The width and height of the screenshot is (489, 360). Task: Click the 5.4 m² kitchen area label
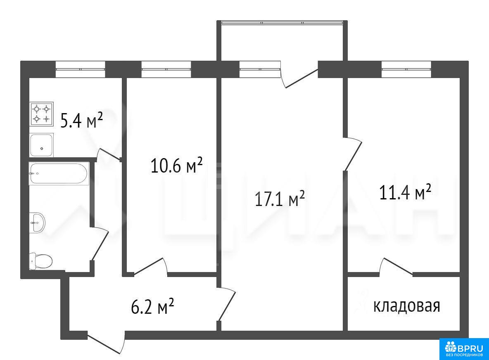click(x=82, y=120)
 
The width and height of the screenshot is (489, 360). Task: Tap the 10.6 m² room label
click(x=176, y=165)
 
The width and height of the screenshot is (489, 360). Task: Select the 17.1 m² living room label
click(x=280, y=199)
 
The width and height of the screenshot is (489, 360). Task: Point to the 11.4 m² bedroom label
click(x=405, y=192)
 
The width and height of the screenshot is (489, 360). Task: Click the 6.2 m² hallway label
click(x=152, y=306)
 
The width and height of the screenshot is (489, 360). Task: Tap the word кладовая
click(x=407, y=306)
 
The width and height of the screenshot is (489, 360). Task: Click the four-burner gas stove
click(x=42, y=114)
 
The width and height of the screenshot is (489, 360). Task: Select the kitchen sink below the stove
click(x=42, y=145)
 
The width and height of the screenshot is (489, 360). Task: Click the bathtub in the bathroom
click(x=59, y=174)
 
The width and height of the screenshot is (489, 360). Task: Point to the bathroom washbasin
click(x=37, y=223)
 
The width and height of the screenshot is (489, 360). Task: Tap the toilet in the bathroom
click(x=41, y=261)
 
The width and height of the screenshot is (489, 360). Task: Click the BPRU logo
click(x=464, y=349)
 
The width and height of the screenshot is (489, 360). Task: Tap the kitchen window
click(x=81, y=69)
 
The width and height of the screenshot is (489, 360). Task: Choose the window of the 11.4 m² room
click(x=406, y=69)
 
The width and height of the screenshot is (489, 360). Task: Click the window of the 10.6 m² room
click(x=166, y=69)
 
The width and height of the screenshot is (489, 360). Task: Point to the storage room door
click(x=396, y=267)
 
